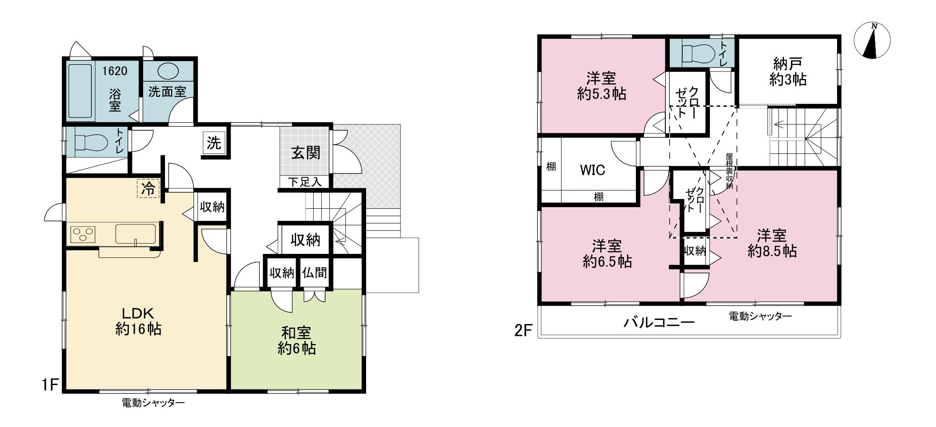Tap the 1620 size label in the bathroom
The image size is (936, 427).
point(115,71)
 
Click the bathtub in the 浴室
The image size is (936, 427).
point(80,92)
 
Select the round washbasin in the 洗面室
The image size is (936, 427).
point(169,71)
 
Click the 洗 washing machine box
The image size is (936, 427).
point(214,143)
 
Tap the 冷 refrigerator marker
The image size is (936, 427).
point(148,188)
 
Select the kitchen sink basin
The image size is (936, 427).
point(136,233)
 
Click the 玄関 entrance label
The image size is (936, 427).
point(306,153)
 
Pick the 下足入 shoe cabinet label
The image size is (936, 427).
point(305,182)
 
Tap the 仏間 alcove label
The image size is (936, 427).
point(314,272)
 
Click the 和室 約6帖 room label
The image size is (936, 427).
point(296,340)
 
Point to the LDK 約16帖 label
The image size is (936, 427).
point(138,321)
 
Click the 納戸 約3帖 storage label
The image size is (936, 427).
point(788,72)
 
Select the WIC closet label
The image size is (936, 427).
point(592,170)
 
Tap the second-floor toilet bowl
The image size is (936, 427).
point(696,53)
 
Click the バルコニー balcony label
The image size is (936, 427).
point(659,322)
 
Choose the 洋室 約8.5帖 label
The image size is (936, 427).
point(771,243)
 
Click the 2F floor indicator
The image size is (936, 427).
point(524,331)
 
